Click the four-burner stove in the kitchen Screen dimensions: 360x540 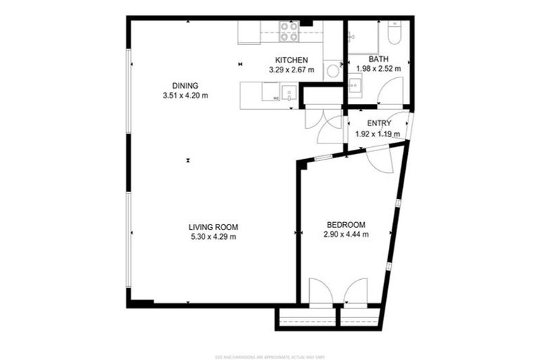pyautogui.click(x=288, y=32)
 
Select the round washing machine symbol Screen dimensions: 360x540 pyautogui.click(x=333, y=70)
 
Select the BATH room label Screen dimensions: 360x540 pyautogui.click(x=378, y=59)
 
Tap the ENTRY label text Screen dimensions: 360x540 pyautogui.click(x=379, y=124)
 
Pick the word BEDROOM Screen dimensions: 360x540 pyautogui.click(x=345, y=225)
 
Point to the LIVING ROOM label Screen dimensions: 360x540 pyautogui.click(x=213, y=227)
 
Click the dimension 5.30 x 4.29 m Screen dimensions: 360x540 pyautogui.click(x=213, y=237)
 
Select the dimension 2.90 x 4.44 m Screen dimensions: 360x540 pyautogui.click(x=346, y=235)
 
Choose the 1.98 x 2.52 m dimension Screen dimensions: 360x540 pyautogui.click(x=378, y=69)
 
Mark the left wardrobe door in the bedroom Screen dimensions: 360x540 pyautogui.click(x=320, y=292)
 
